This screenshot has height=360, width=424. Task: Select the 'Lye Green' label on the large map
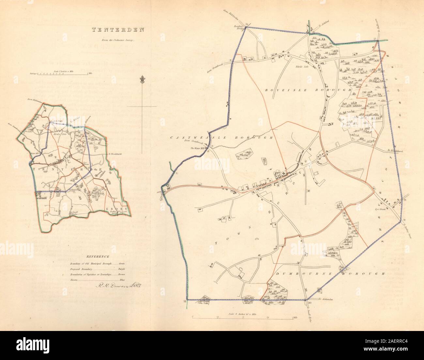click(x=380, y=209)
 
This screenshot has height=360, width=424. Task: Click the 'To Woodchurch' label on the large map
click(x=395, y=150)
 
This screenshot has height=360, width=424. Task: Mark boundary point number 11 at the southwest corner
click(x=185, y=301)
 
